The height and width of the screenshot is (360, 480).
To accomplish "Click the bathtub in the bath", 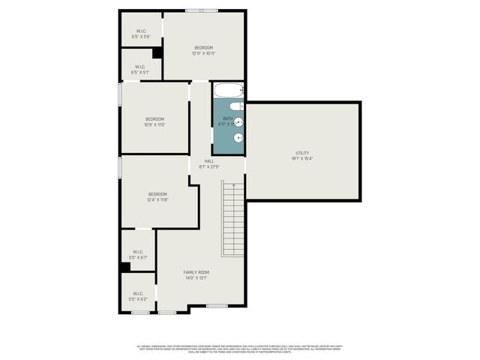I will point(229,91).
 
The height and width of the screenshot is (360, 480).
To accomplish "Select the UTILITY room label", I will point(302,153).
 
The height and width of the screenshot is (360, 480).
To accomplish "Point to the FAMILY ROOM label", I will point(196,272).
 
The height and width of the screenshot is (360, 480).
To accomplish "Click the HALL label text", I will point(209,161).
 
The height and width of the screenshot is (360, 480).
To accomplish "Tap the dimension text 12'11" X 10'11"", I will point(204,53).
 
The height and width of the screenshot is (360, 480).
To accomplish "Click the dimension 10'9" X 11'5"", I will point(154,125).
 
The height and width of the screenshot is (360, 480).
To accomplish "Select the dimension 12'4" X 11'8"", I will point(158,200).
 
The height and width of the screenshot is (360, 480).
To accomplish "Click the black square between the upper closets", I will point(157,52).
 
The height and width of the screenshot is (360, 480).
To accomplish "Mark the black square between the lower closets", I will point(124,267).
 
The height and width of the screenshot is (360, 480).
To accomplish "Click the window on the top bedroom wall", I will point(202,10).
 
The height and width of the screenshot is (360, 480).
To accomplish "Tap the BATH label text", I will point(227,118).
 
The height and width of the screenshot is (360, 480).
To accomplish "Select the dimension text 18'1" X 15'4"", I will point(302,158).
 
